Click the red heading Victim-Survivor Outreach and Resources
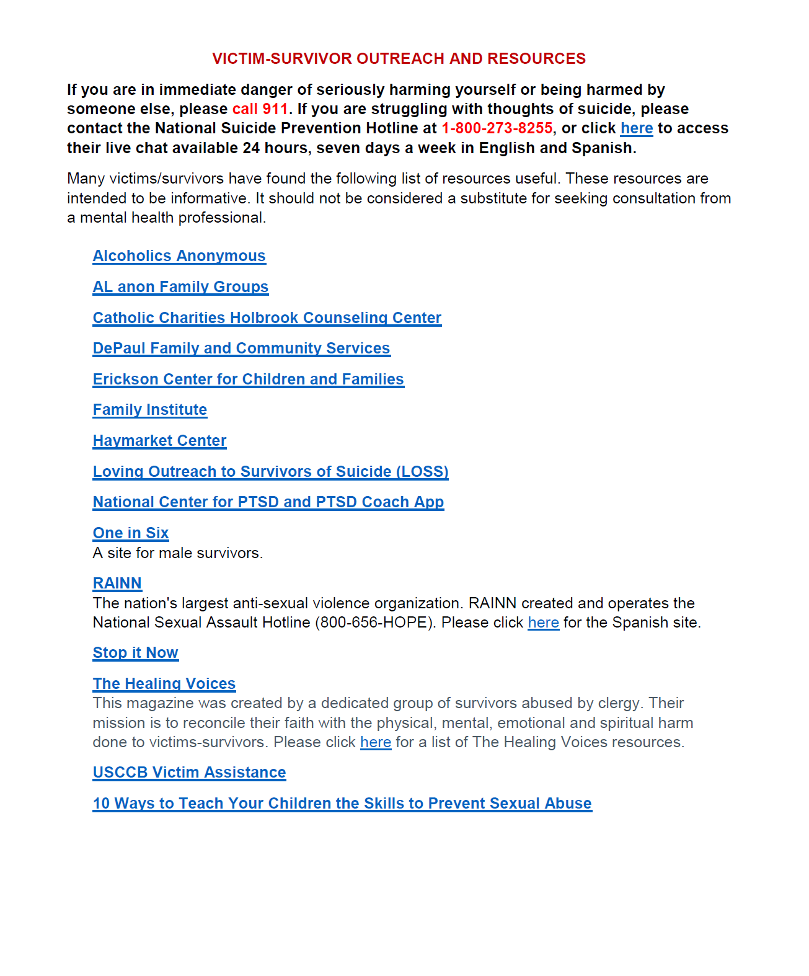point(399,59)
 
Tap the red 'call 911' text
point(260,109)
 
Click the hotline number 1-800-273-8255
point(497,128)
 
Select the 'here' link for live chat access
point(636,128)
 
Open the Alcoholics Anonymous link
point(179,256)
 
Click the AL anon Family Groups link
point(180,287)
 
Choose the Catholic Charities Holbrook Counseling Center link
point(267,318)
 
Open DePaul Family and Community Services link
point(241,348)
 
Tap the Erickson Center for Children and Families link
point(248,379)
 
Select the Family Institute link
point(149,410)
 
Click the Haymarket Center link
point(159,441)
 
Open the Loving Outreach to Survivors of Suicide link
point(270,472)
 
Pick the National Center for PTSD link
point(268,502)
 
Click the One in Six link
point(130,533)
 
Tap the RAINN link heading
point(117,583)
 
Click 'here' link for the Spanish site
point(543,623)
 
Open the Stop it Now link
point(135,653)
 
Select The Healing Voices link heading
point(164,684)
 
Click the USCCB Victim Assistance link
point(189,773)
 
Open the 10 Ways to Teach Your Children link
point(342,804)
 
